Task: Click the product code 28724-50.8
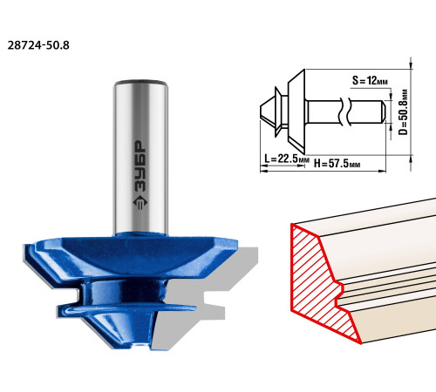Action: (38, 45)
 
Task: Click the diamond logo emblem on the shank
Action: (140, 202)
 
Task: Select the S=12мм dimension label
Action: (370, 80)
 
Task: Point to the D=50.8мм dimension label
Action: (403, 112)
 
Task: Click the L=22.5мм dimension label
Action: (287, 159)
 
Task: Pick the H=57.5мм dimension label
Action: (337, 164)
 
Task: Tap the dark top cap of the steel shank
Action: (141, 82)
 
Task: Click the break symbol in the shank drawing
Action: (345, 112)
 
